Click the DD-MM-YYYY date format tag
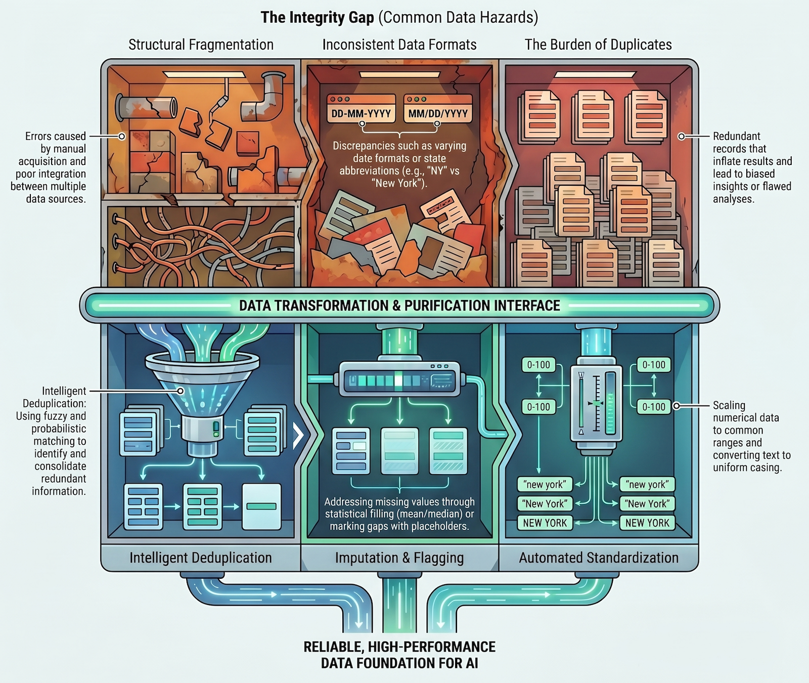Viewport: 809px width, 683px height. coord(361,113)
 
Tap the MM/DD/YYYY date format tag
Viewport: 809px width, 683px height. coord(437,113)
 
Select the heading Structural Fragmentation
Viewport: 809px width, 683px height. coord(201,45)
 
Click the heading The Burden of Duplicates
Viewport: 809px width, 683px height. coord(598,45)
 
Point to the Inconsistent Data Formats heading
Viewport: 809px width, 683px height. coord(399,45)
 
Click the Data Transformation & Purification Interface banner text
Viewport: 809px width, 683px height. coord(399,306)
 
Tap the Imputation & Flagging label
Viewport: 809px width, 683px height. coord(399,558)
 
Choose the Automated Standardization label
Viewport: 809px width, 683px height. coord(599,558)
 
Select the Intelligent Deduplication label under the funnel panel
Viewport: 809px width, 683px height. coord(201,558)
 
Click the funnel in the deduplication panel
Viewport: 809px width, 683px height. coord(202,385)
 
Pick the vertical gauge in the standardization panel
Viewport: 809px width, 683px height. coord(597,402)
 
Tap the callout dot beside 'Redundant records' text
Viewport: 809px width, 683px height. coord(682,137)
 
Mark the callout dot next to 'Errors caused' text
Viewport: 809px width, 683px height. coord(122,137)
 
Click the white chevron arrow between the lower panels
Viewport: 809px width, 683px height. coord(298,435)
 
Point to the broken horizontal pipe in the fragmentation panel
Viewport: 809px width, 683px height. coord(147,107)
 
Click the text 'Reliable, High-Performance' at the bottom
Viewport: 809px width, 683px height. coord(399,647)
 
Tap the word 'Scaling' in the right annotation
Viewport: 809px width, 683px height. coord(729,405)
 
